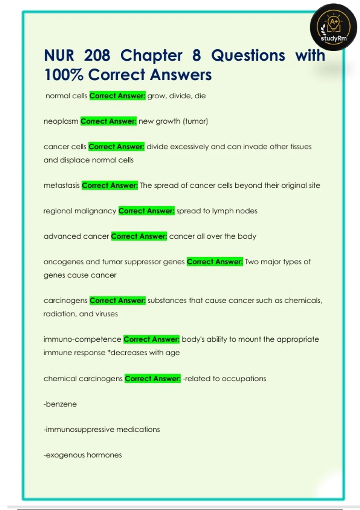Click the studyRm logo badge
(x=333, y=27)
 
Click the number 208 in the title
(x=97, y=55)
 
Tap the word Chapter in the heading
(x=151, y=56)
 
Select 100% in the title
(x=63, y=75)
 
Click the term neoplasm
(x=61, y=121)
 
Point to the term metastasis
(x=61, y=185)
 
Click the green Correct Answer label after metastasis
(x=110, y=185)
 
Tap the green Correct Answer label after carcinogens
(x=118, y=301)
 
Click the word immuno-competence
(x=82, y=339)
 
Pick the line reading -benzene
(x=60, y=404)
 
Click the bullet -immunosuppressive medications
(x=101, y=430)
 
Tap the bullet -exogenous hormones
(x=82, y=455)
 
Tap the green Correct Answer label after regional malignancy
(x=146, y=211)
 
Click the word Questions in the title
(x=248, y=55)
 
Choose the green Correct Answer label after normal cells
(x=117, y=96)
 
